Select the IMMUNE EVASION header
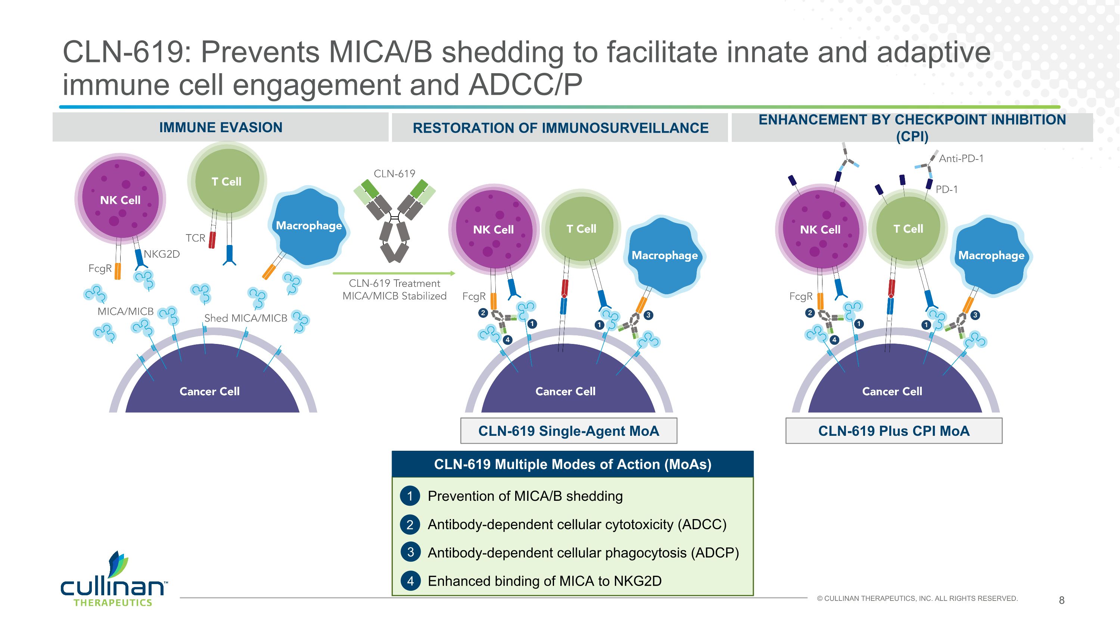220,127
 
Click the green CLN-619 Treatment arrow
394,273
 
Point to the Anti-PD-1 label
961,159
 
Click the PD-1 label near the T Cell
946,190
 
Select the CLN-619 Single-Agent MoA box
568,431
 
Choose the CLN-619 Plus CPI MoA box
893,431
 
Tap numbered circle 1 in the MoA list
410,496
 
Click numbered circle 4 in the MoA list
410,581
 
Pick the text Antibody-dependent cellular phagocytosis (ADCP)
583,553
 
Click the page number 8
1061,600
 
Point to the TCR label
195,238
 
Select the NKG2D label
162,254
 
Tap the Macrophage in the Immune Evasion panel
309,226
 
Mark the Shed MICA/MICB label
246,318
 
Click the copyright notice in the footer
917,599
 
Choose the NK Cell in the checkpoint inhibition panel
820,230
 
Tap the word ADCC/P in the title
526,84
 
